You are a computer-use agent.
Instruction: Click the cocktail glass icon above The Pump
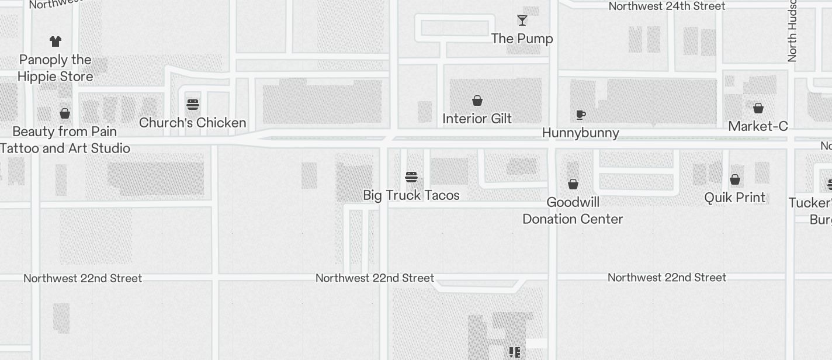coord(522,21)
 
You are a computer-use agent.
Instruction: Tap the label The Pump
coord(522,39)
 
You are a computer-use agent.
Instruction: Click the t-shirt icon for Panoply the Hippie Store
coord(56,41)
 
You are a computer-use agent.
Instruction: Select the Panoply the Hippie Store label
coord(56,68)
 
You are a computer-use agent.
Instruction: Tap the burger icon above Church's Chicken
coord(193,105)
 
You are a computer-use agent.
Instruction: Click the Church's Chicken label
coord(192,123)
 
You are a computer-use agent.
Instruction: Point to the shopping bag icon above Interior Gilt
coord(477,101)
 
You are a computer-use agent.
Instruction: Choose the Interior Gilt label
coord(477,119)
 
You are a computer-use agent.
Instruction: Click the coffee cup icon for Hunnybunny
coord(580,115)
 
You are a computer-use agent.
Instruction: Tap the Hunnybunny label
coord(580,133)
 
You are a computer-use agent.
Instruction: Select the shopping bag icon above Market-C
coord(758,108)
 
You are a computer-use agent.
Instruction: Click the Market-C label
coord(758,126)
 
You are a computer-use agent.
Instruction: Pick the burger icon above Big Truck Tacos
coord(411,177)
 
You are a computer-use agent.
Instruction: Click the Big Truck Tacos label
coord(411,195)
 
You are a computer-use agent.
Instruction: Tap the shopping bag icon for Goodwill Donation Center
coord(573,184)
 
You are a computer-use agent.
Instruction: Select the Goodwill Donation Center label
coord(573,210)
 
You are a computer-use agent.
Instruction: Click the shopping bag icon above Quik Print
coord(735,179)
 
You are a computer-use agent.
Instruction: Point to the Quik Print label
coord(734,198)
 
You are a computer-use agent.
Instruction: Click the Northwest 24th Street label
coord(667,6)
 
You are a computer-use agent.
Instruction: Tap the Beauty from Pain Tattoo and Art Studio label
coord(65,140)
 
